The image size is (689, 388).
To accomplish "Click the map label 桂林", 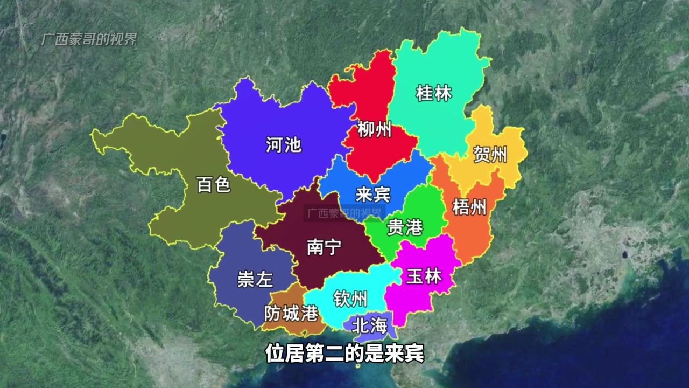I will [x=434, y=93].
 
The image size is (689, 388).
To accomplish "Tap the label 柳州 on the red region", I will [x=375, y=130].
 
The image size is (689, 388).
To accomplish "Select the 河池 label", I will [x=284, y=144].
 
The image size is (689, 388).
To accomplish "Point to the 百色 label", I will [x=214, y=185].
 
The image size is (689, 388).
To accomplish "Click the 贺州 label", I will [x=490, y=155].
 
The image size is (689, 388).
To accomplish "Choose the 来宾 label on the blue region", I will [x=373, y=194].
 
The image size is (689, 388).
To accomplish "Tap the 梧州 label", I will [x=469, y=206].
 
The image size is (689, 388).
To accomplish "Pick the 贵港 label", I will [x=405, y=227].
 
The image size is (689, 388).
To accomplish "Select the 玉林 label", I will [x=424, y=276].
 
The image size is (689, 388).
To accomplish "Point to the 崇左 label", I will [x=255, y=279].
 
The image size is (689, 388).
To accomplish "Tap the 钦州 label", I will [x=350, y=298].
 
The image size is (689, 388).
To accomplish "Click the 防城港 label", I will [x=291, y=313].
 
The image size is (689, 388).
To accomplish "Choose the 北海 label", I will [x=369, y=325].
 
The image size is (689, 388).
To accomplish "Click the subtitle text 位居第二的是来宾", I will [x=344, y=354].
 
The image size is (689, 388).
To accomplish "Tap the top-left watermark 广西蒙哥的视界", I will [x=89, y=39].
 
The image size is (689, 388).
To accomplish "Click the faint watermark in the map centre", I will [x=344, y=213].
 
